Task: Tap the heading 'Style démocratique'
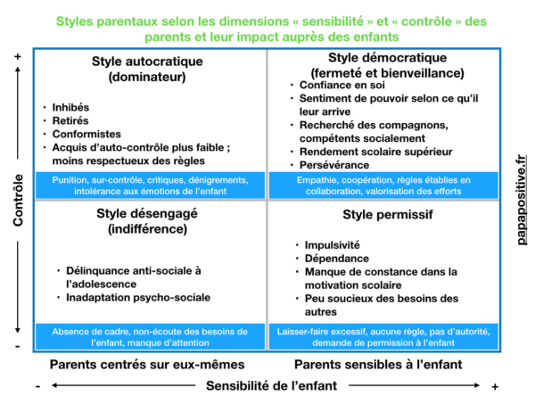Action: [x=385, y=59]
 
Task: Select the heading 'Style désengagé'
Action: [x=147, y=214]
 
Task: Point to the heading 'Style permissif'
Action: [x=385, y=216]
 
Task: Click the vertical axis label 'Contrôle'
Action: [x=19, y=200]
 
